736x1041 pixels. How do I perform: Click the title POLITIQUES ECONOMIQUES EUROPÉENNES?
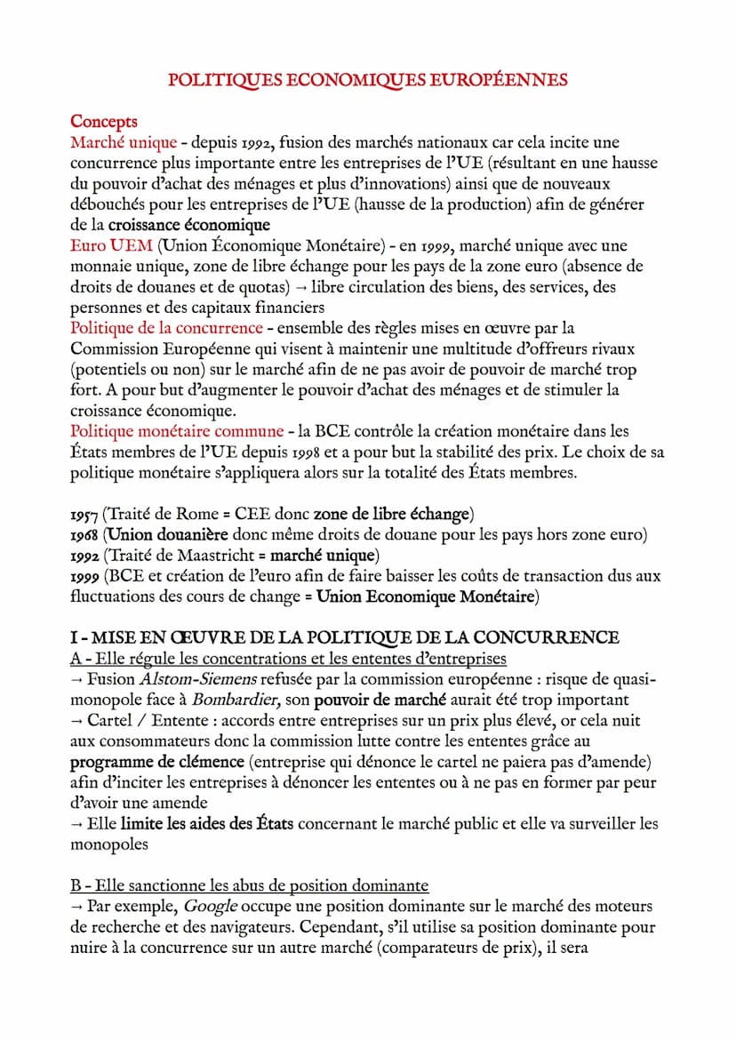pos(368,80)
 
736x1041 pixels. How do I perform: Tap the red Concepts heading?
pos(104,121)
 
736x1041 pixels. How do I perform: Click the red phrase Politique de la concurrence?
pos(166,327)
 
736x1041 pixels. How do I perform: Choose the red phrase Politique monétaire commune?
pos(177,431)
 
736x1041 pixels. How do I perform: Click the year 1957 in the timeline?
pos(84,514)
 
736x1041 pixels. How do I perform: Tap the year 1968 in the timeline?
pos(84,534)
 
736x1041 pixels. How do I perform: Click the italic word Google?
pos(210,906)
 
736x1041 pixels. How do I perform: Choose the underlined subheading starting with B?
pos(249,885)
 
